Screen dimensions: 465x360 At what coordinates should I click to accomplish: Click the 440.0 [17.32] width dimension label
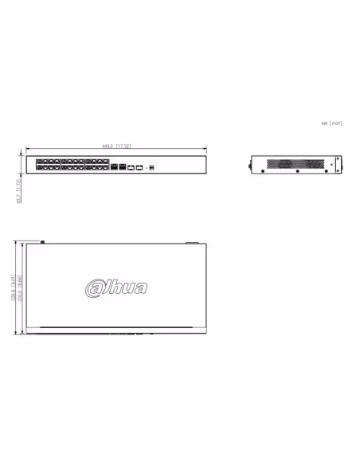[x=116, y=147]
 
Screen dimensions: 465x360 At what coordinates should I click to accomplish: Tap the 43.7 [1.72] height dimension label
[x=19, y=190]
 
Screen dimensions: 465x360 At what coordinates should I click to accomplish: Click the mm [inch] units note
[x=331, y=123]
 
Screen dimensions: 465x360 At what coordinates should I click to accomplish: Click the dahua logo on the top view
[x=116, y=287]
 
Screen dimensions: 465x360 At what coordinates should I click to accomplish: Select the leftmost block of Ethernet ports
[x=48, y=166]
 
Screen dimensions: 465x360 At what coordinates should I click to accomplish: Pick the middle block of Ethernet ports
[x=72, y=166]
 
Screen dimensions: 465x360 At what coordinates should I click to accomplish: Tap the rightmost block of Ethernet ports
[x=97, y=166]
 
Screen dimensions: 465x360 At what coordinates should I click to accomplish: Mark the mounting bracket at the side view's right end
[x=337, y=164]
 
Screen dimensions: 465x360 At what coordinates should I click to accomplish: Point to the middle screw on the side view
[x=296, y=171]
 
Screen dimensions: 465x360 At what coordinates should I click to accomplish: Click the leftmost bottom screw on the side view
[x=263, y=171]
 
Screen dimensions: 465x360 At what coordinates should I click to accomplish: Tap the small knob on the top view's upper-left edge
[x=42, y=241]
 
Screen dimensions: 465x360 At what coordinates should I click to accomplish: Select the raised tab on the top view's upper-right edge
[x=191, y=241]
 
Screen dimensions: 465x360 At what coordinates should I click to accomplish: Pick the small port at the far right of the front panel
[x=151, y=167]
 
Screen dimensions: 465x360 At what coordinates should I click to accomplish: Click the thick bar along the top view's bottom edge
[x=116, y=328]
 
